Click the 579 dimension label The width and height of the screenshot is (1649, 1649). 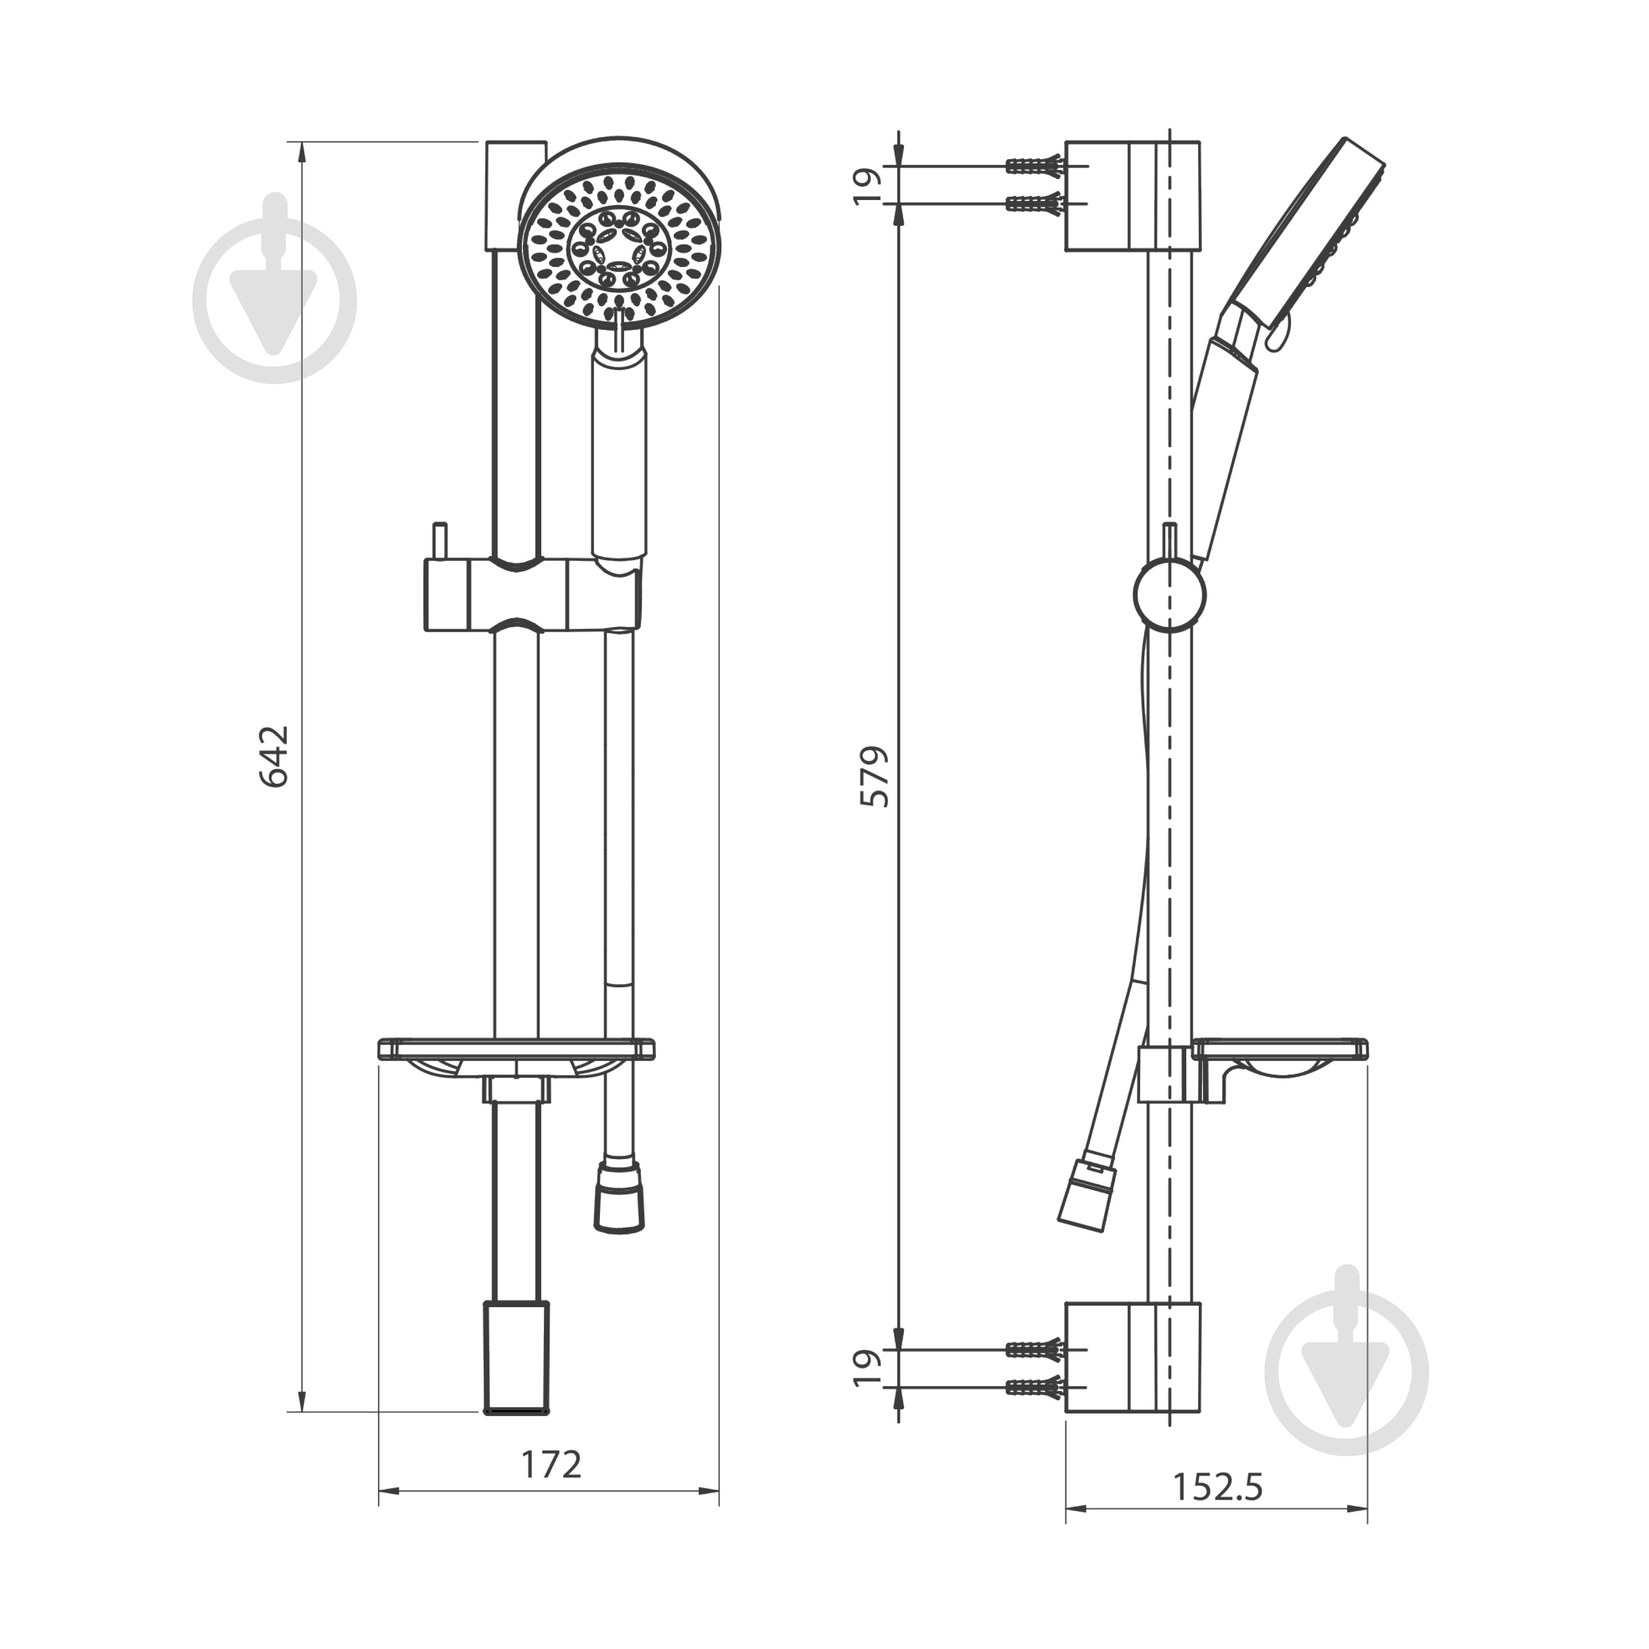(x=875, y=777)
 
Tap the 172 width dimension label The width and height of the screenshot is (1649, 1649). (x=551, y=1465)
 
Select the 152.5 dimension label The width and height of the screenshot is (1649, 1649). (x=1217, y=1488)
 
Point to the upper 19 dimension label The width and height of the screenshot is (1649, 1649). (x=867, y=186)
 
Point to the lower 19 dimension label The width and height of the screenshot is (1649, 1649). (x=867, y=1368)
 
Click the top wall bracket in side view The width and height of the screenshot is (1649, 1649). (x=1133, y=196)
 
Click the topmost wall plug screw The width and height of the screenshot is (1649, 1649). (x=1034, y=165)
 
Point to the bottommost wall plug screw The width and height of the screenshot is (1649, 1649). (x=1034, y=1388)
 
